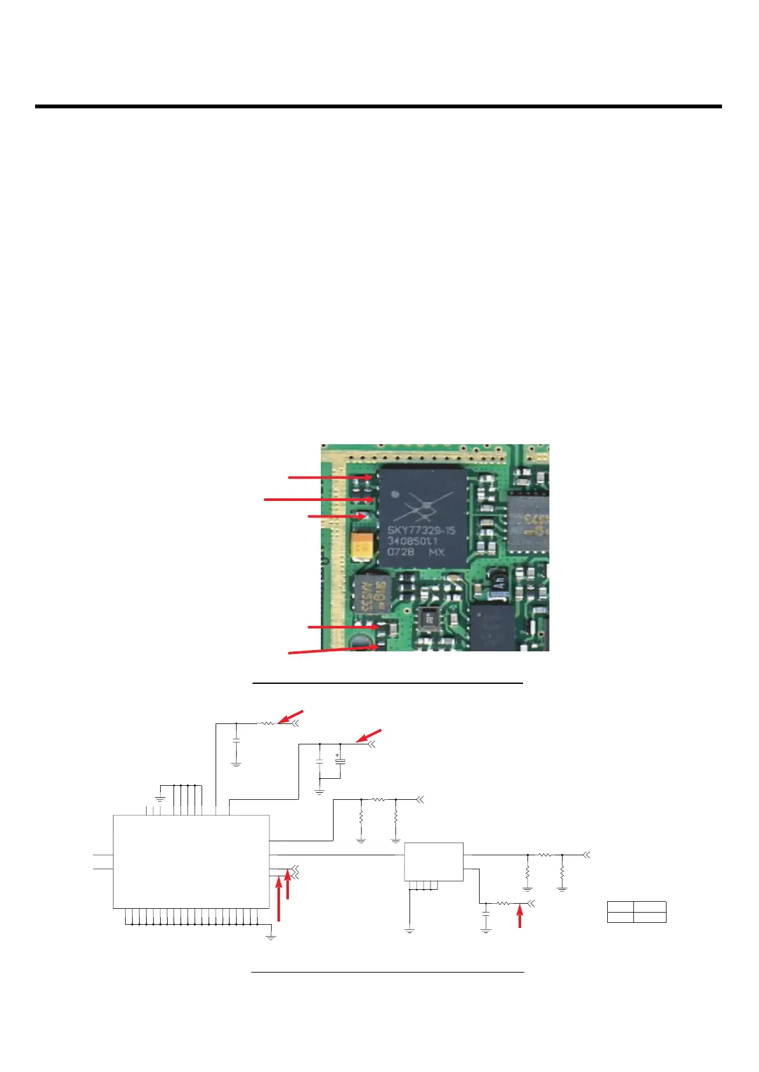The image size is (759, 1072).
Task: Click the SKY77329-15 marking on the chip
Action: pyautogui.click(x=422, y=530)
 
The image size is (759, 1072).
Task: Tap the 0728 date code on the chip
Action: pyautogui.click(x=401, y=552)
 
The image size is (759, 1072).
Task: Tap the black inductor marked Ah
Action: pyautogui.click(x=499, y=581)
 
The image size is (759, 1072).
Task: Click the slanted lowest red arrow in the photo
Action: pyautogui.click(x=332, y=649)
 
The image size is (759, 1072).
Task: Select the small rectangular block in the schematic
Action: pyautogui.click(x=434, y=861)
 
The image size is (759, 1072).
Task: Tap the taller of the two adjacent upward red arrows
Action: pyautogui.click(x=279, y=899)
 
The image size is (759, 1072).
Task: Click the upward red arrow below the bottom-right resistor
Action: pyautogui.click(x=520, y=917)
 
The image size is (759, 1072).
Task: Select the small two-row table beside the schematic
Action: pyautogui.click(x=637, y=912)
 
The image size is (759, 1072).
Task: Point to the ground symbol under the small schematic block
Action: pyautogui.click(x=409, y=931)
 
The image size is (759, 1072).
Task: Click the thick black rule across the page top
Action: pyautogui.click(x=378, y=106)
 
